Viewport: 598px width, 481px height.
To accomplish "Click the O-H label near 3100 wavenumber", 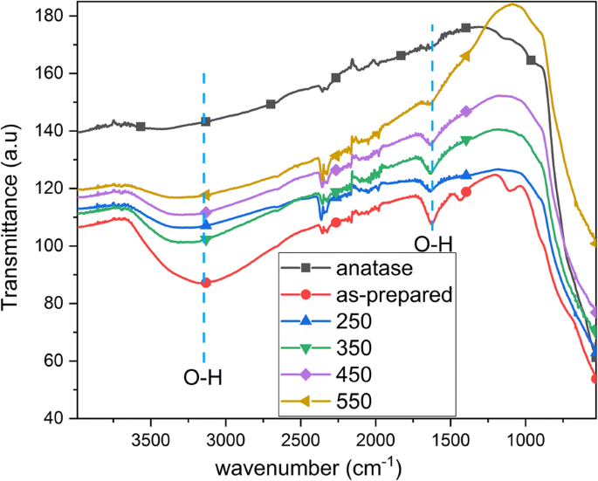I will [203, 378].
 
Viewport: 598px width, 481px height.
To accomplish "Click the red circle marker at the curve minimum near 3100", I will [206, 283].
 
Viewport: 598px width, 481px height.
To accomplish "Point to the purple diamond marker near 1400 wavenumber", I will [466, 111].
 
